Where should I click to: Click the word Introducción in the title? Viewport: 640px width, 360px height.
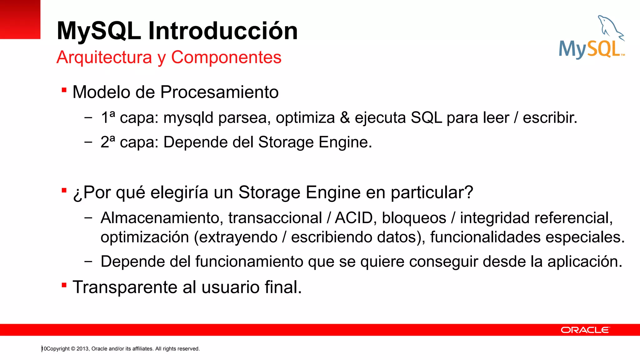point(223,31)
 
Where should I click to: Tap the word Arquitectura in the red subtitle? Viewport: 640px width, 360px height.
point(104,57)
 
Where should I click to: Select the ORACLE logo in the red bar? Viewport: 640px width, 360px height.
point(585,330)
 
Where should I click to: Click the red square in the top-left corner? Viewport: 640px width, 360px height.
point(20,19)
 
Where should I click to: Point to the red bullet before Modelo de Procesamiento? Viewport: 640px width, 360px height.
point(64,90)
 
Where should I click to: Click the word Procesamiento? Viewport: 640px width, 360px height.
point(219,92)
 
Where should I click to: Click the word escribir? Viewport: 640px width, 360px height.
point(550,118)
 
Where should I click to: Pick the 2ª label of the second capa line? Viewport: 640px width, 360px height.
point(108,142)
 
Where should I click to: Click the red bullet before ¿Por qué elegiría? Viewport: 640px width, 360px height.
point(64,190)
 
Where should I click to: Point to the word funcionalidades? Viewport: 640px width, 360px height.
point(485,237)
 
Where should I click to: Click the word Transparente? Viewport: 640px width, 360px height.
point(125,287)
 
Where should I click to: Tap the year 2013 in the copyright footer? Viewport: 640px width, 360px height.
point(82,349)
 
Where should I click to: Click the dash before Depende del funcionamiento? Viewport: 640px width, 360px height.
point(88,262)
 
